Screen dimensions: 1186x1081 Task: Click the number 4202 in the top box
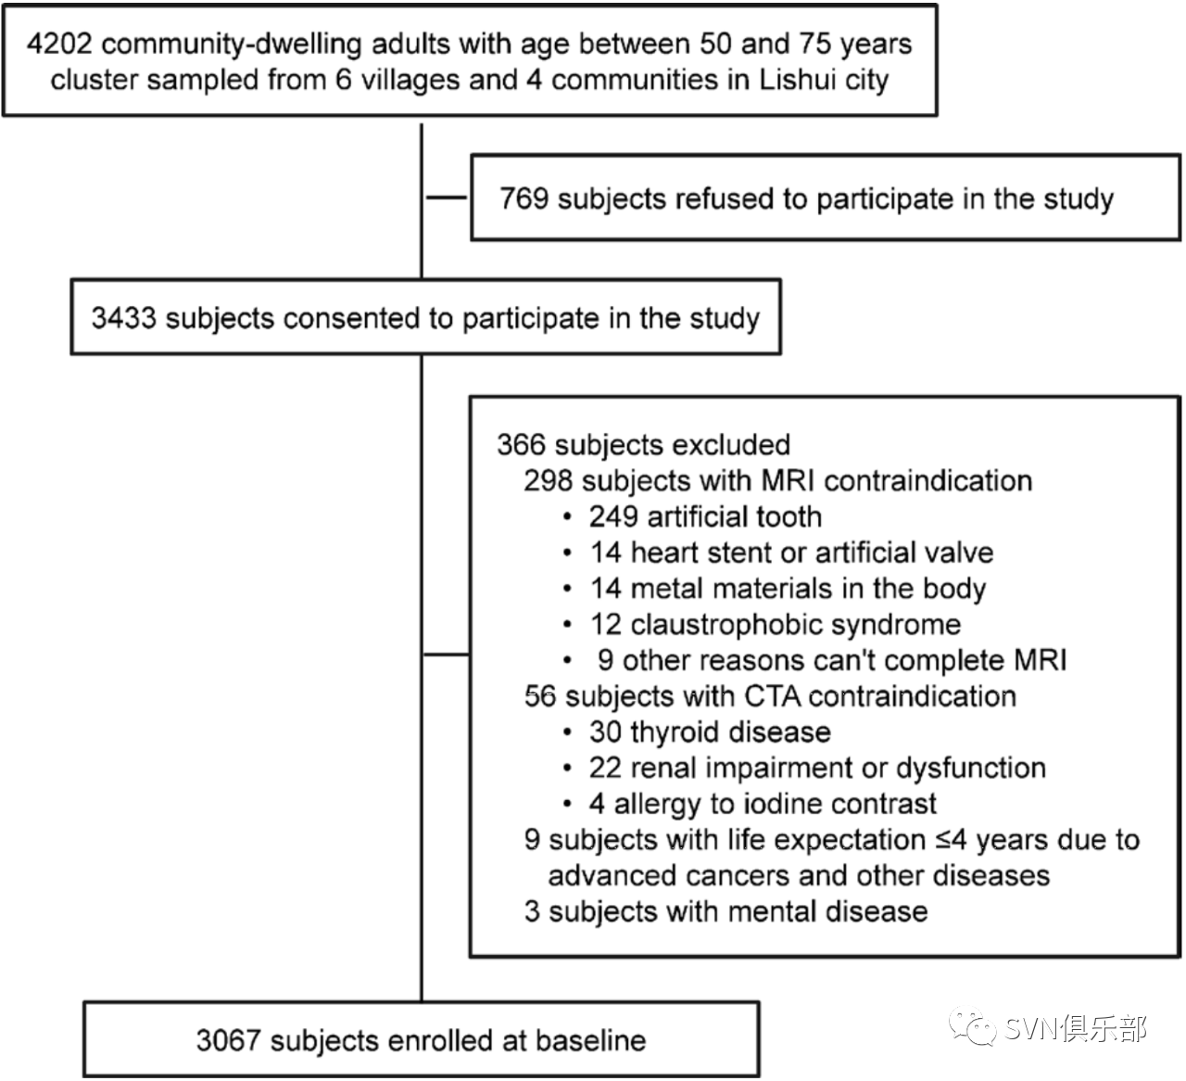[x=59, y=44]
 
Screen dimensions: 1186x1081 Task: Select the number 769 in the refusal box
[x=524, y=198]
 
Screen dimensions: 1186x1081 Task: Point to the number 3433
[x=123, y=318]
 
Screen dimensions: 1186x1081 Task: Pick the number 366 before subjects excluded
[x=521, y=444]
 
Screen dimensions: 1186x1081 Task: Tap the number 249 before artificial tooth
[x=613, y=516]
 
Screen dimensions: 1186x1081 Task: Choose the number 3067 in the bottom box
[x=229, y=1041]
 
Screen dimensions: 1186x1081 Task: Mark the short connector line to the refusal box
[x=448, y=197]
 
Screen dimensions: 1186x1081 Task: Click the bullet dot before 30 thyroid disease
[x=567, y=733]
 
